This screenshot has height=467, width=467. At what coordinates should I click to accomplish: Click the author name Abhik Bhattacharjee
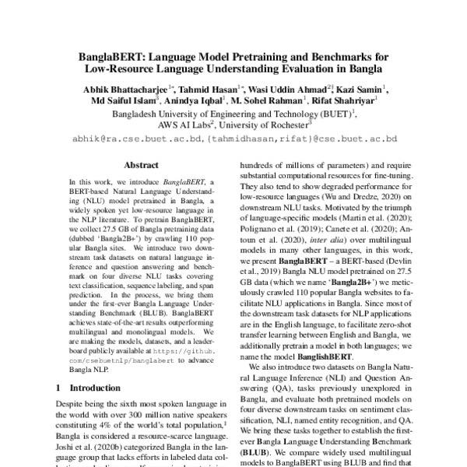pyautogui.click(x=127, y=90)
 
